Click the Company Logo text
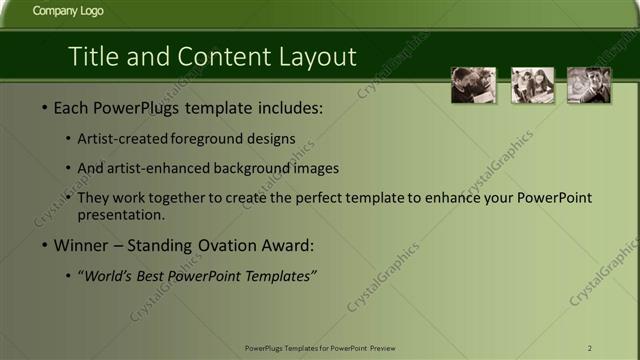67,12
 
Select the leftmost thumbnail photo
473,85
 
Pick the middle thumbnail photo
532,85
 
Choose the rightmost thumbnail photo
589,85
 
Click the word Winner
82,245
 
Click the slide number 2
590,347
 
